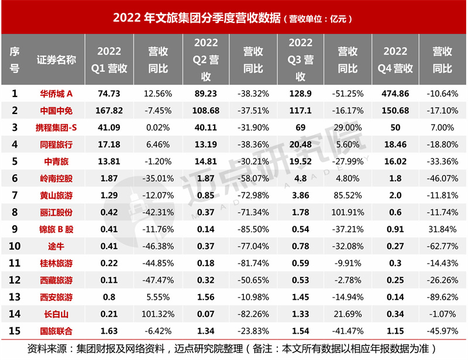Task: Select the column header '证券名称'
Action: click(56, 60)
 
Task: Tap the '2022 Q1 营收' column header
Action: click(109, 60)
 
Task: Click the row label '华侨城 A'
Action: click(56, 93)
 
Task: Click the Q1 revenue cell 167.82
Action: click(109, 109)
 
